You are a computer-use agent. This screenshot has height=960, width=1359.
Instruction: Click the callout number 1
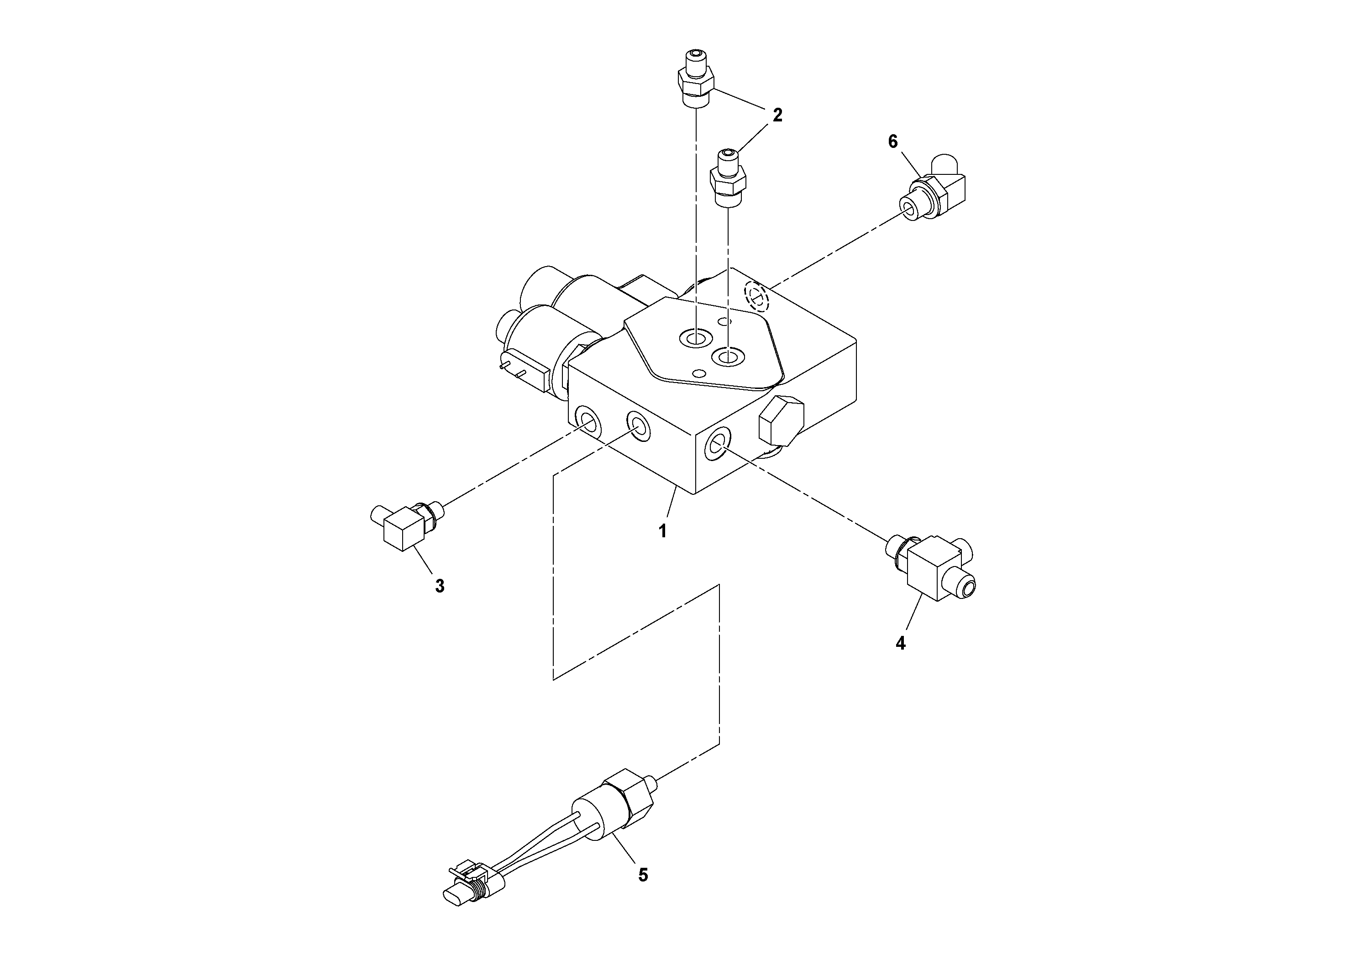(663, 531)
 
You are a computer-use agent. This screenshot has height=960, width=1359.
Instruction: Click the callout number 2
(777, 115)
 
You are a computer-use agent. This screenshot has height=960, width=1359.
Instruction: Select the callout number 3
(439, 586)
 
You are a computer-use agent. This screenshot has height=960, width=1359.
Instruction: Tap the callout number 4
(900, 643)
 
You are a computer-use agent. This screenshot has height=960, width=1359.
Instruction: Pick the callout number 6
(892, 142)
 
